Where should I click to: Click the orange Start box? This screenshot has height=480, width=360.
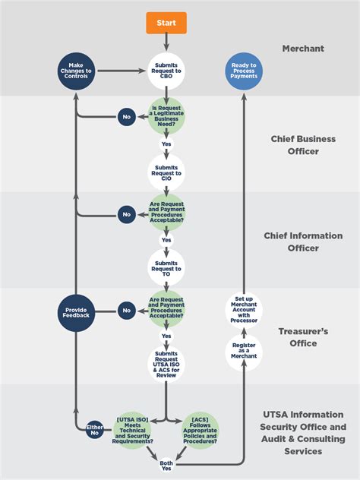[x=166, y=24]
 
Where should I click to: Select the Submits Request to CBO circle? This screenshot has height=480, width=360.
[x=166, y=71]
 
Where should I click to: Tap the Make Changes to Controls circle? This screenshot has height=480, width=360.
[x=75, y=71]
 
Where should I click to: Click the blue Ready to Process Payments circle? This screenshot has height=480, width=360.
[x=244, y=71]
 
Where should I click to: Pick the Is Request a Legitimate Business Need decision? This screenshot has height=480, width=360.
[x=166, y=117]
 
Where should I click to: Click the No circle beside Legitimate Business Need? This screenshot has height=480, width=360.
[x=127, y=118]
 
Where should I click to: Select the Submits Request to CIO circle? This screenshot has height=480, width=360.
[x=166, y=172]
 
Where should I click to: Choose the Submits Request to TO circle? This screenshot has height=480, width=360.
[x=166, y=267]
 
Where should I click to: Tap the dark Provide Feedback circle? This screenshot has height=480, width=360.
[x=76, y=313]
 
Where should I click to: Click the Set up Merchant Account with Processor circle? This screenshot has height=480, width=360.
[x=244, y=309]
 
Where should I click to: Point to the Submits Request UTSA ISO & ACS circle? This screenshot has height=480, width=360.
[x=166, y=363]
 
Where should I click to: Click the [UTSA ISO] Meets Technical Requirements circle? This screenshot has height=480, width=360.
[x=134, y=430]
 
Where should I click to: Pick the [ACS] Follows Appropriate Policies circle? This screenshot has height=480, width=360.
[x=200, y=430]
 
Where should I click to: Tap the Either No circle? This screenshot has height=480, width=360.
[x=95, y=430]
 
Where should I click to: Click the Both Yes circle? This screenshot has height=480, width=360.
[x=166, y=465]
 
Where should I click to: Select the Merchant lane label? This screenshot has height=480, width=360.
[x=303, y=49]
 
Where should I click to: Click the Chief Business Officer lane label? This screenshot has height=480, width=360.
[x=303, y=145]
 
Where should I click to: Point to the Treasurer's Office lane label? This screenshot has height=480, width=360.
[x=303, y=337]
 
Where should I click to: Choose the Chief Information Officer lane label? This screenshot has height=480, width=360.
[x=303, y=242]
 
